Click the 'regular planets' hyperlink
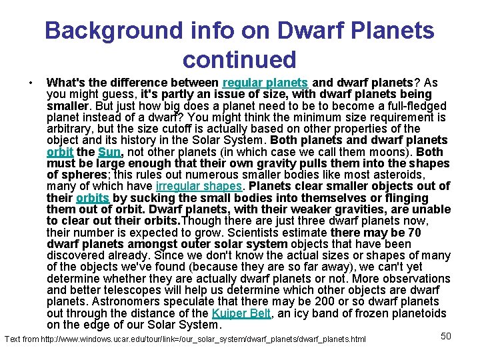coord(265,83)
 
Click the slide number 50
coord(446,336)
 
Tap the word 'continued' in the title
coord(239,59)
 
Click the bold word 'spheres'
coord(79,175)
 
